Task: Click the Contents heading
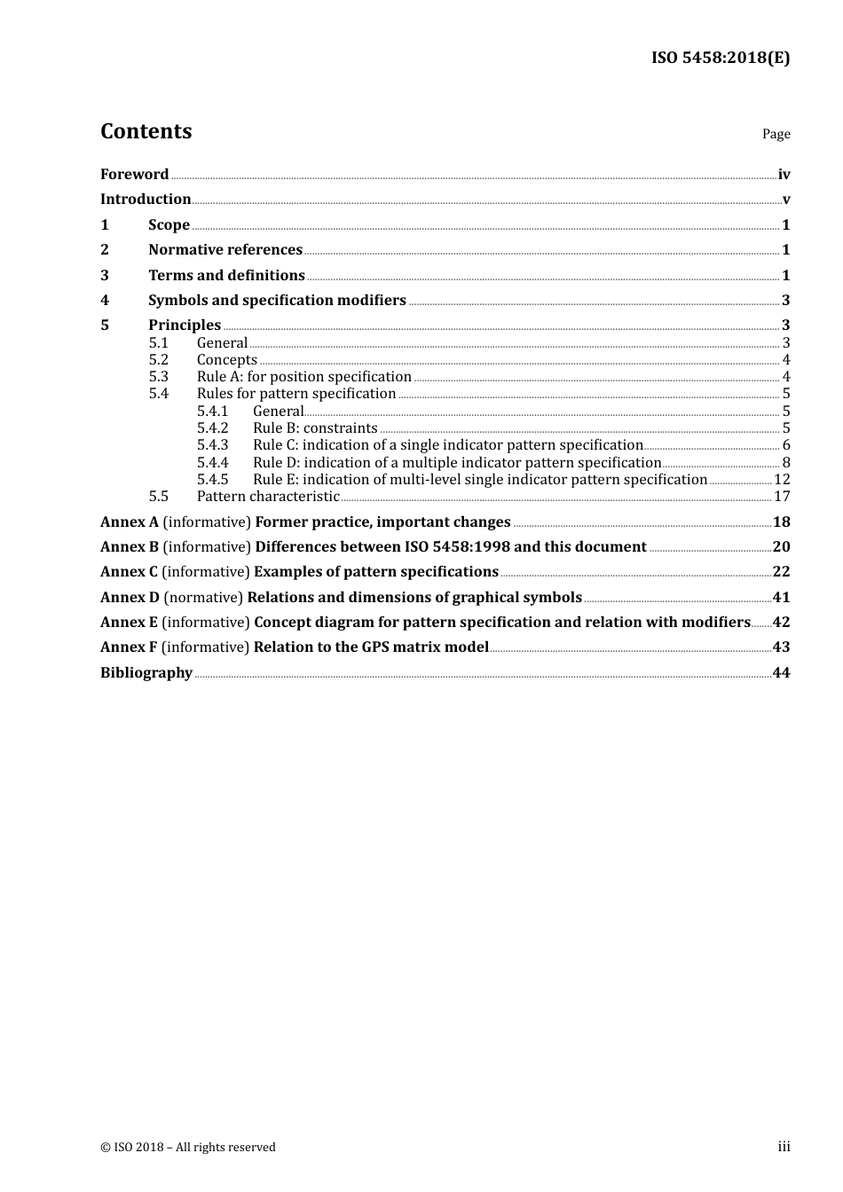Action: tap(146, 131)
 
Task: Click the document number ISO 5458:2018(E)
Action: tap(720, 59)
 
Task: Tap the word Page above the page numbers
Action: tap(776, 134)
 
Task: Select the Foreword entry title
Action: tap(134, 175)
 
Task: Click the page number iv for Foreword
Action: tap(784, 175)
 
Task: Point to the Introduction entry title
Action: tap(146, 200)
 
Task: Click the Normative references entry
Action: tap(225, 250)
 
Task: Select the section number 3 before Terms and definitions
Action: tap(105, 276)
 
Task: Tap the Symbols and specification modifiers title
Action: tap(277, 301)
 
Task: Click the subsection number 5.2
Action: tap(158, 360)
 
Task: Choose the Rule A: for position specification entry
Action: tap(303, 377)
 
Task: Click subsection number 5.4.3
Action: tap(212, 445)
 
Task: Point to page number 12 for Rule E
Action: tap(782, 480)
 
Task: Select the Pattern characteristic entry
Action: tap(268, 497)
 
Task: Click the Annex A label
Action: tap(130, 522)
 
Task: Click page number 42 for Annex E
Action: tap(781, 623)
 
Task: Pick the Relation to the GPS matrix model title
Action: tap(371, 647)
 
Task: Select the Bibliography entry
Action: tap(146, 673)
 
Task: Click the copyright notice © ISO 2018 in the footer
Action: tap(187, 1148)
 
